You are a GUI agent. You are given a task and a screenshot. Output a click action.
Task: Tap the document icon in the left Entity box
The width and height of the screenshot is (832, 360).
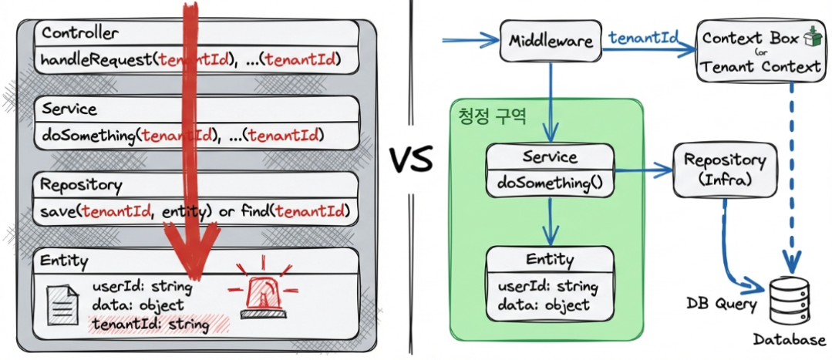[x=62, y=303]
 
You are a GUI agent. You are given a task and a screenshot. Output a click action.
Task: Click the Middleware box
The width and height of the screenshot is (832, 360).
[x=551, y=41]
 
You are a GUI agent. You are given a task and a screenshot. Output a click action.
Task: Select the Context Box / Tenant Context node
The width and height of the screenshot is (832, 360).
[x=761, y=52]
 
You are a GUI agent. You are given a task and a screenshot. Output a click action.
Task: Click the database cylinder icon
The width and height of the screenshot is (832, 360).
[x=791, y=301]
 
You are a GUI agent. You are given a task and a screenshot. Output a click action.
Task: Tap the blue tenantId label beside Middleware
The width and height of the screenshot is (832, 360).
[x=643, y=38]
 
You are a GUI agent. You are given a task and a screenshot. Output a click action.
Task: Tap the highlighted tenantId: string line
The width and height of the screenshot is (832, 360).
[x=149, y=325]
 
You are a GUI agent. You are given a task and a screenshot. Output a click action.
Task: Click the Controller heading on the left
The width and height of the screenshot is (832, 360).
[x=80, y=33]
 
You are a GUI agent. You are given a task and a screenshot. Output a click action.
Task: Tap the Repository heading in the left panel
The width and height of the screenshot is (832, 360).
[x=81, y=185]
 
